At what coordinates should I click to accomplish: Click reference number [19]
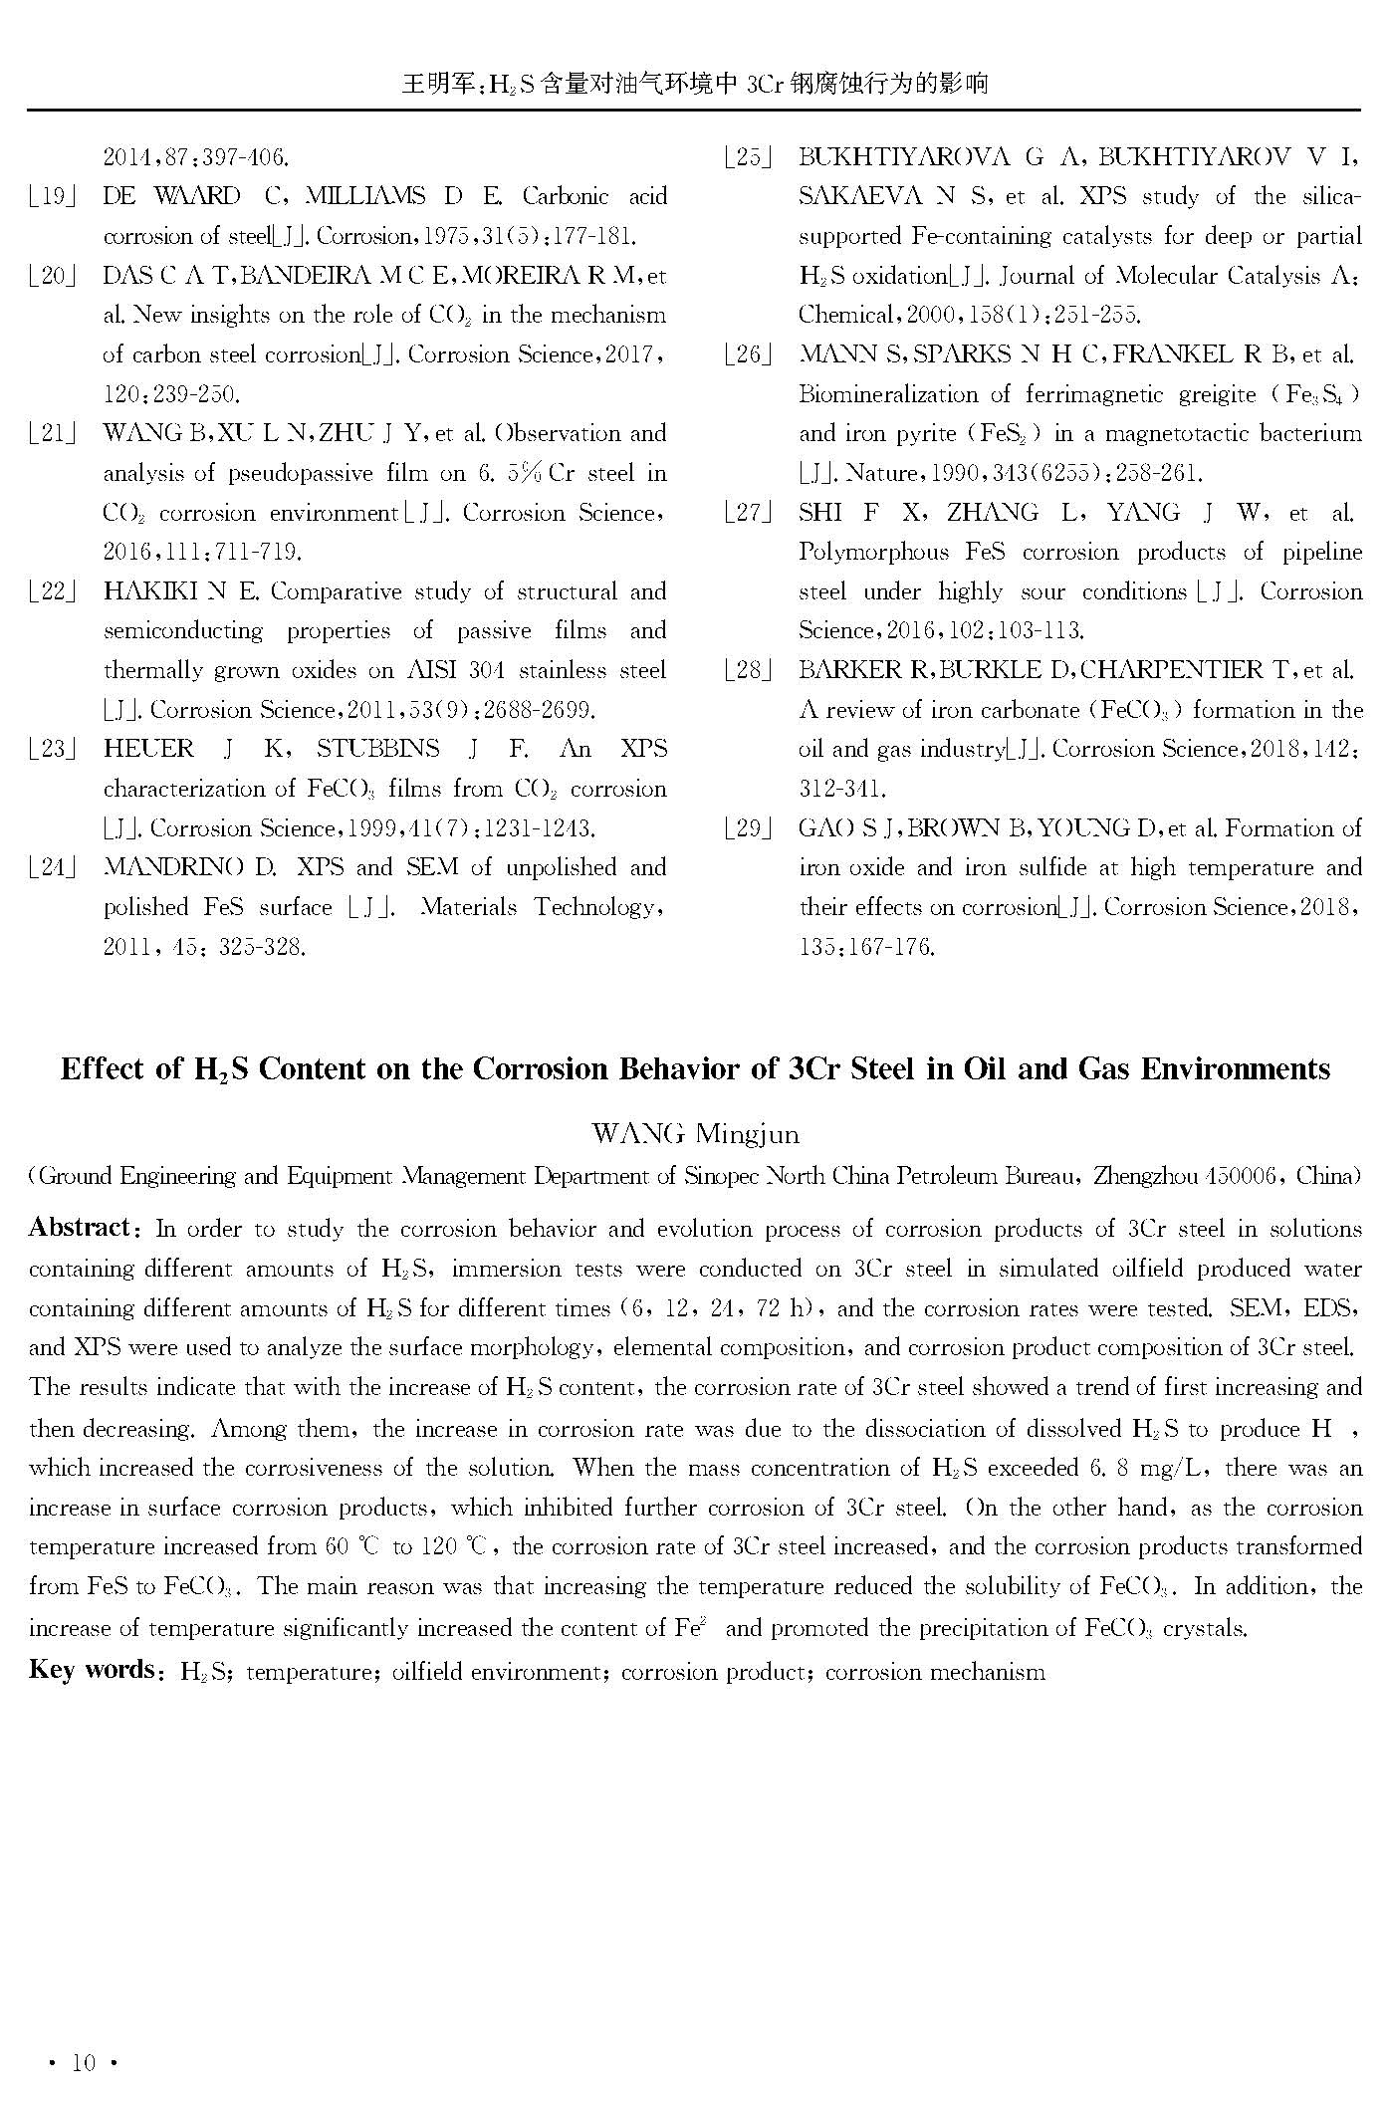click(53, 196)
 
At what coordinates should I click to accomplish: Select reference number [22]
click(53, 591)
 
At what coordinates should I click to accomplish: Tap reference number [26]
click(748, 354)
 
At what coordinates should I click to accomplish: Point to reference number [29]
click(748, 828)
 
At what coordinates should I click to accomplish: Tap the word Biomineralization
click(889, 394)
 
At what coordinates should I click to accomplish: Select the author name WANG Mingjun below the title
click(694, 1133)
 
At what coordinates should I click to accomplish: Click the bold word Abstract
click(80, 1227)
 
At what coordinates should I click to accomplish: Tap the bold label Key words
click(92, 1669)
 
